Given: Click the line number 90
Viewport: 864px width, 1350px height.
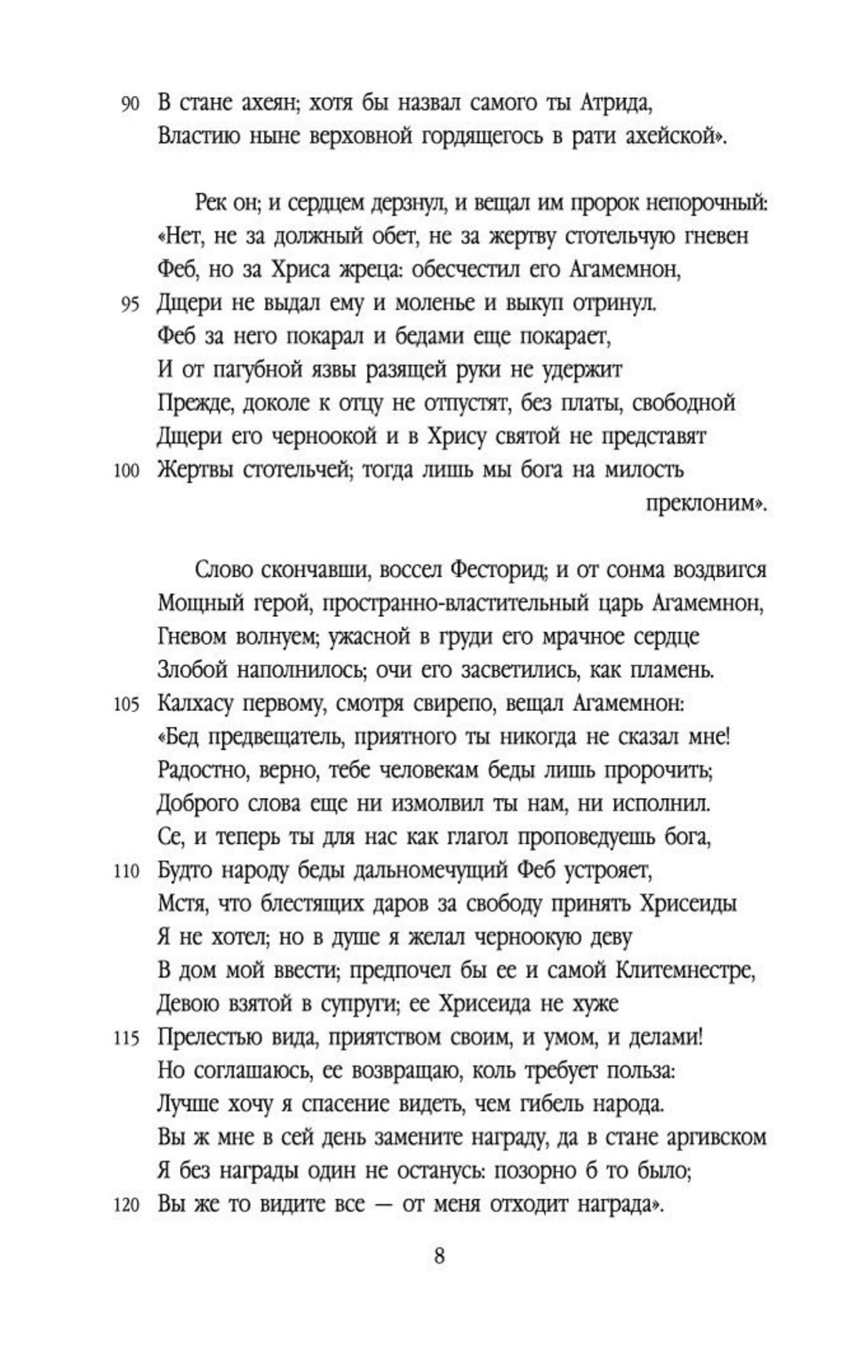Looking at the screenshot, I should point(129,104).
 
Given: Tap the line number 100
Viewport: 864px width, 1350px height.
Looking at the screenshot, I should point(125,471).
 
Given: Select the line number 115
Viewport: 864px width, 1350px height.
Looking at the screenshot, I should point(125,1038).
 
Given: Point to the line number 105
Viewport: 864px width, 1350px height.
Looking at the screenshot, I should point(125,703).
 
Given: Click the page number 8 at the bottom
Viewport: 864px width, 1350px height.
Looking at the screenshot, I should point(439,1256).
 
